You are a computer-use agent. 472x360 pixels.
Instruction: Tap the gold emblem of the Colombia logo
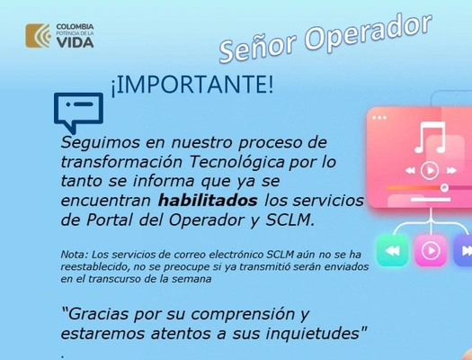tap(39, 36)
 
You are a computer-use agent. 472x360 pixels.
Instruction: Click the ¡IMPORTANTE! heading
tap(191, 85)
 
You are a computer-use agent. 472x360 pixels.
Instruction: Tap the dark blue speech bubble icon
tap(78, 112)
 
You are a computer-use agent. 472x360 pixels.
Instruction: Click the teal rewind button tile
tap(391, 250)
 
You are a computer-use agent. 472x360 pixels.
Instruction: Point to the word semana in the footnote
tap(189, 279)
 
